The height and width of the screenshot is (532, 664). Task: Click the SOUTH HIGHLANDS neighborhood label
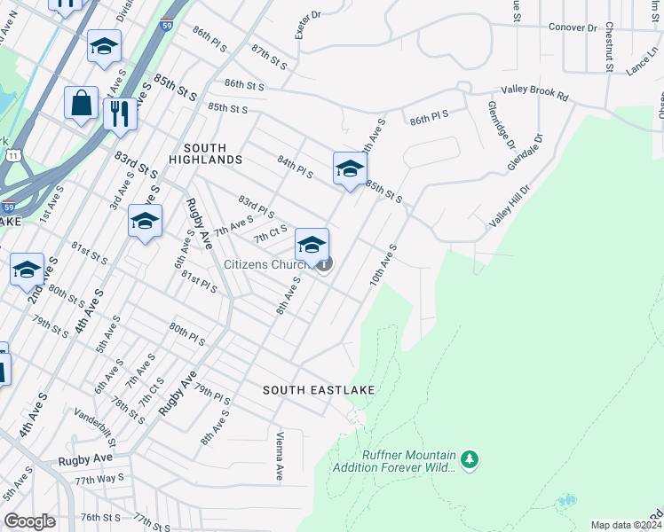pyautogui.click(x=212, y=153)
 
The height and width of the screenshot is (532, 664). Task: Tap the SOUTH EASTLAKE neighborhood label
pyautogui.click(x=319, y=390)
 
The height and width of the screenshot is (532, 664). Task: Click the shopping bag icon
pyautogui.click(x=81, y=104)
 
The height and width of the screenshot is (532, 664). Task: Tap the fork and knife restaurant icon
pyautogui.click(x=120, y=113)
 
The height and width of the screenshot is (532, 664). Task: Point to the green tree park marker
pyautogui.click(x=470, y=459)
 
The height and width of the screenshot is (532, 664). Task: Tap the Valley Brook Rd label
pyautogui.click(x=534, y=90)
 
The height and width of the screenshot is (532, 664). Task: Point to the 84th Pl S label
pyautogui.click(x=294, y=167)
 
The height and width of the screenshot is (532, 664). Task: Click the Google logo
pyautogui.click(x=30, y=521)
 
